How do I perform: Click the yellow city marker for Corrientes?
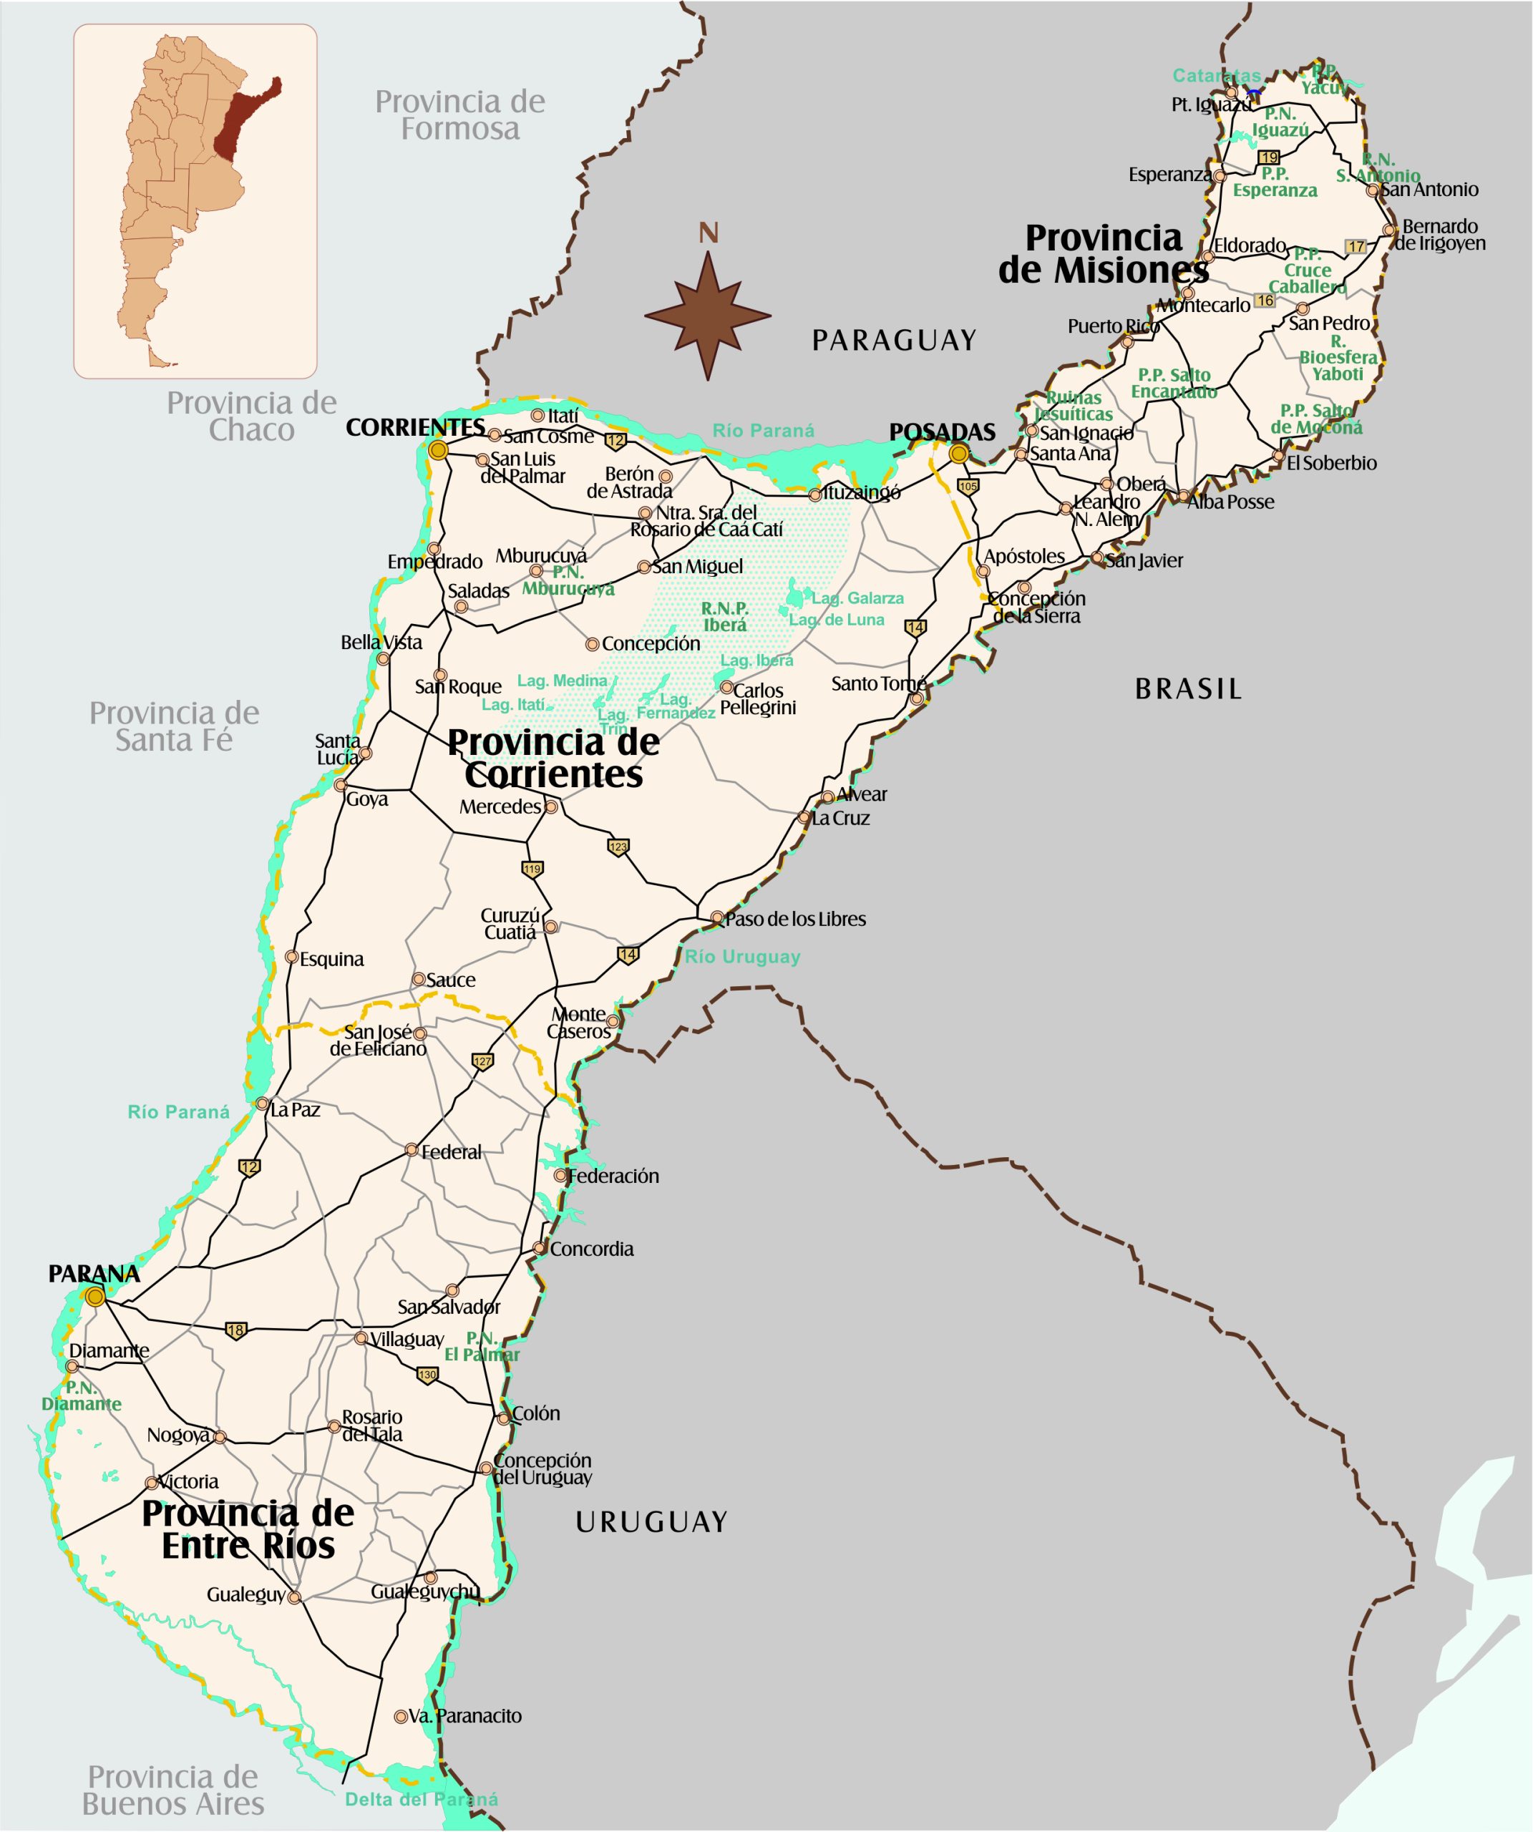438,450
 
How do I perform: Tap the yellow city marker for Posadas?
959,454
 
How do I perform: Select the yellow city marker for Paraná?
95,1297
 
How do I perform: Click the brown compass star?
708,316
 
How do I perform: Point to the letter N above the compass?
709,234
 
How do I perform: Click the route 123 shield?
618,847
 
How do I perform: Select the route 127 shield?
482,1062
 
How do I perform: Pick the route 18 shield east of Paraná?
235,1331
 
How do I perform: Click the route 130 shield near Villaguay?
427,1375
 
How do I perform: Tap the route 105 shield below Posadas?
968,487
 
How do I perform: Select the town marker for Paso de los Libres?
717,917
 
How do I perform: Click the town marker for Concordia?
539,1248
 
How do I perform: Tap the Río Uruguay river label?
742,957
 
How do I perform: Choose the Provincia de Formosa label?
459,115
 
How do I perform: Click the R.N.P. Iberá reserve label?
724,617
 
